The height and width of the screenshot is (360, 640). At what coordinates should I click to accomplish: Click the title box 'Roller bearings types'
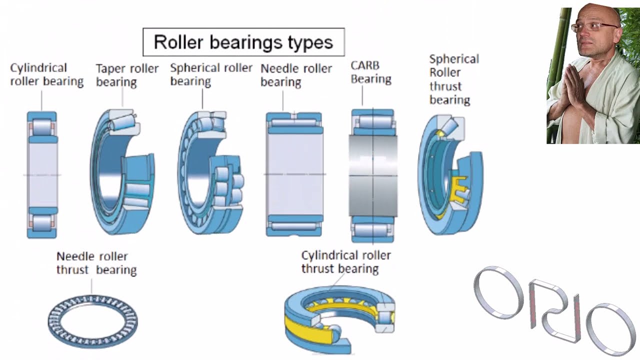tap(243, 42)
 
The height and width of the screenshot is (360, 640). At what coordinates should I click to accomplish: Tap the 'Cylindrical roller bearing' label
tap(46, 74)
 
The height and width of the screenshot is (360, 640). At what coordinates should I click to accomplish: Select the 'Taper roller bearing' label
tap(127, 75)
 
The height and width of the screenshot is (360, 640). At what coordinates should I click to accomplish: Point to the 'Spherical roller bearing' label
tap(211, 74)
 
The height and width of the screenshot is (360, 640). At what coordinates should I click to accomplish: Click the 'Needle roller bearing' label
tap(296, 75)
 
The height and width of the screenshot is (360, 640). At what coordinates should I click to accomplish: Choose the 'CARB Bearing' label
tap(370, 72)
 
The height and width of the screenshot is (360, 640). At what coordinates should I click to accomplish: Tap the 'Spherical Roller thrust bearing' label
tap(453, 79)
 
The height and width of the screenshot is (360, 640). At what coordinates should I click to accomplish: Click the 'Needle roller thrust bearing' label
tap(96, 263)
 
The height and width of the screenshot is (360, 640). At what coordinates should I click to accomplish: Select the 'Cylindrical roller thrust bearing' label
tap(345, 262)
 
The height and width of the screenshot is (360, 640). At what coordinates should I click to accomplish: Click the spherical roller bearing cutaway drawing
tap(210, 172)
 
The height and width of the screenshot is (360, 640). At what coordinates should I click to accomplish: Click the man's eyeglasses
tap(589, 26)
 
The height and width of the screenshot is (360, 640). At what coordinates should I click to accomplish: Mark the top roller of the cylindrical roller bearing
tap(41, 127)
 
